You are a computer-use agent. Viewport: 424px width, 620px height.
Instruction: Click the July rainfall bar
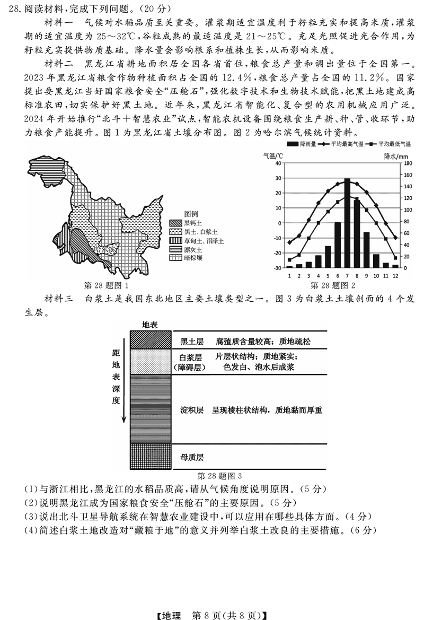(x=347, y=223)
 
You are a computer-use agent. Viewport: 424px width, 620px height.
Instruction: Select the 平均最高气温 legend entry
(x=340, y=144)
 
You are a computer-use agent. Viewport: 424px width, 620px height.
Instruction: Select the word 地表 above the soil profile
(x=149, y=324)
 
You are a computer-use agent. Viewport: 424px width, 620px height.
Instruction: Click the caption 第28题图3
(x=219, y=476)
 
